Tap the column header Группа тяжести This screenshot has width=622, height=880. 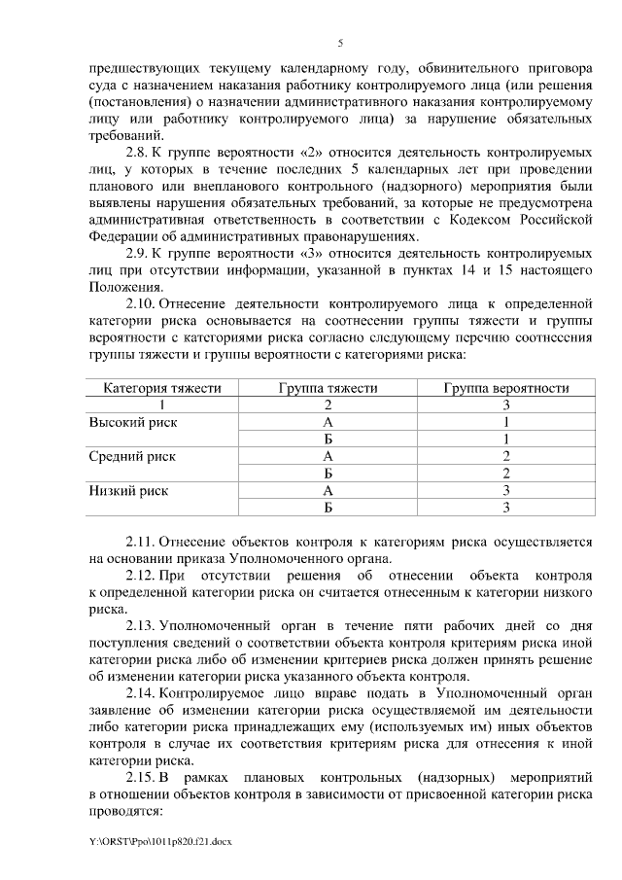328,388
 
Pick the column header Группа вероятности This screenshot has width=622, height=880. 505,388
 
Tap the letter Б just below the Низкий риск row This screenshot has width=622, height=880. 328,507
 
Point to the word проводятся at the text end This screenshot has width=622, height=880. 124,810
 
